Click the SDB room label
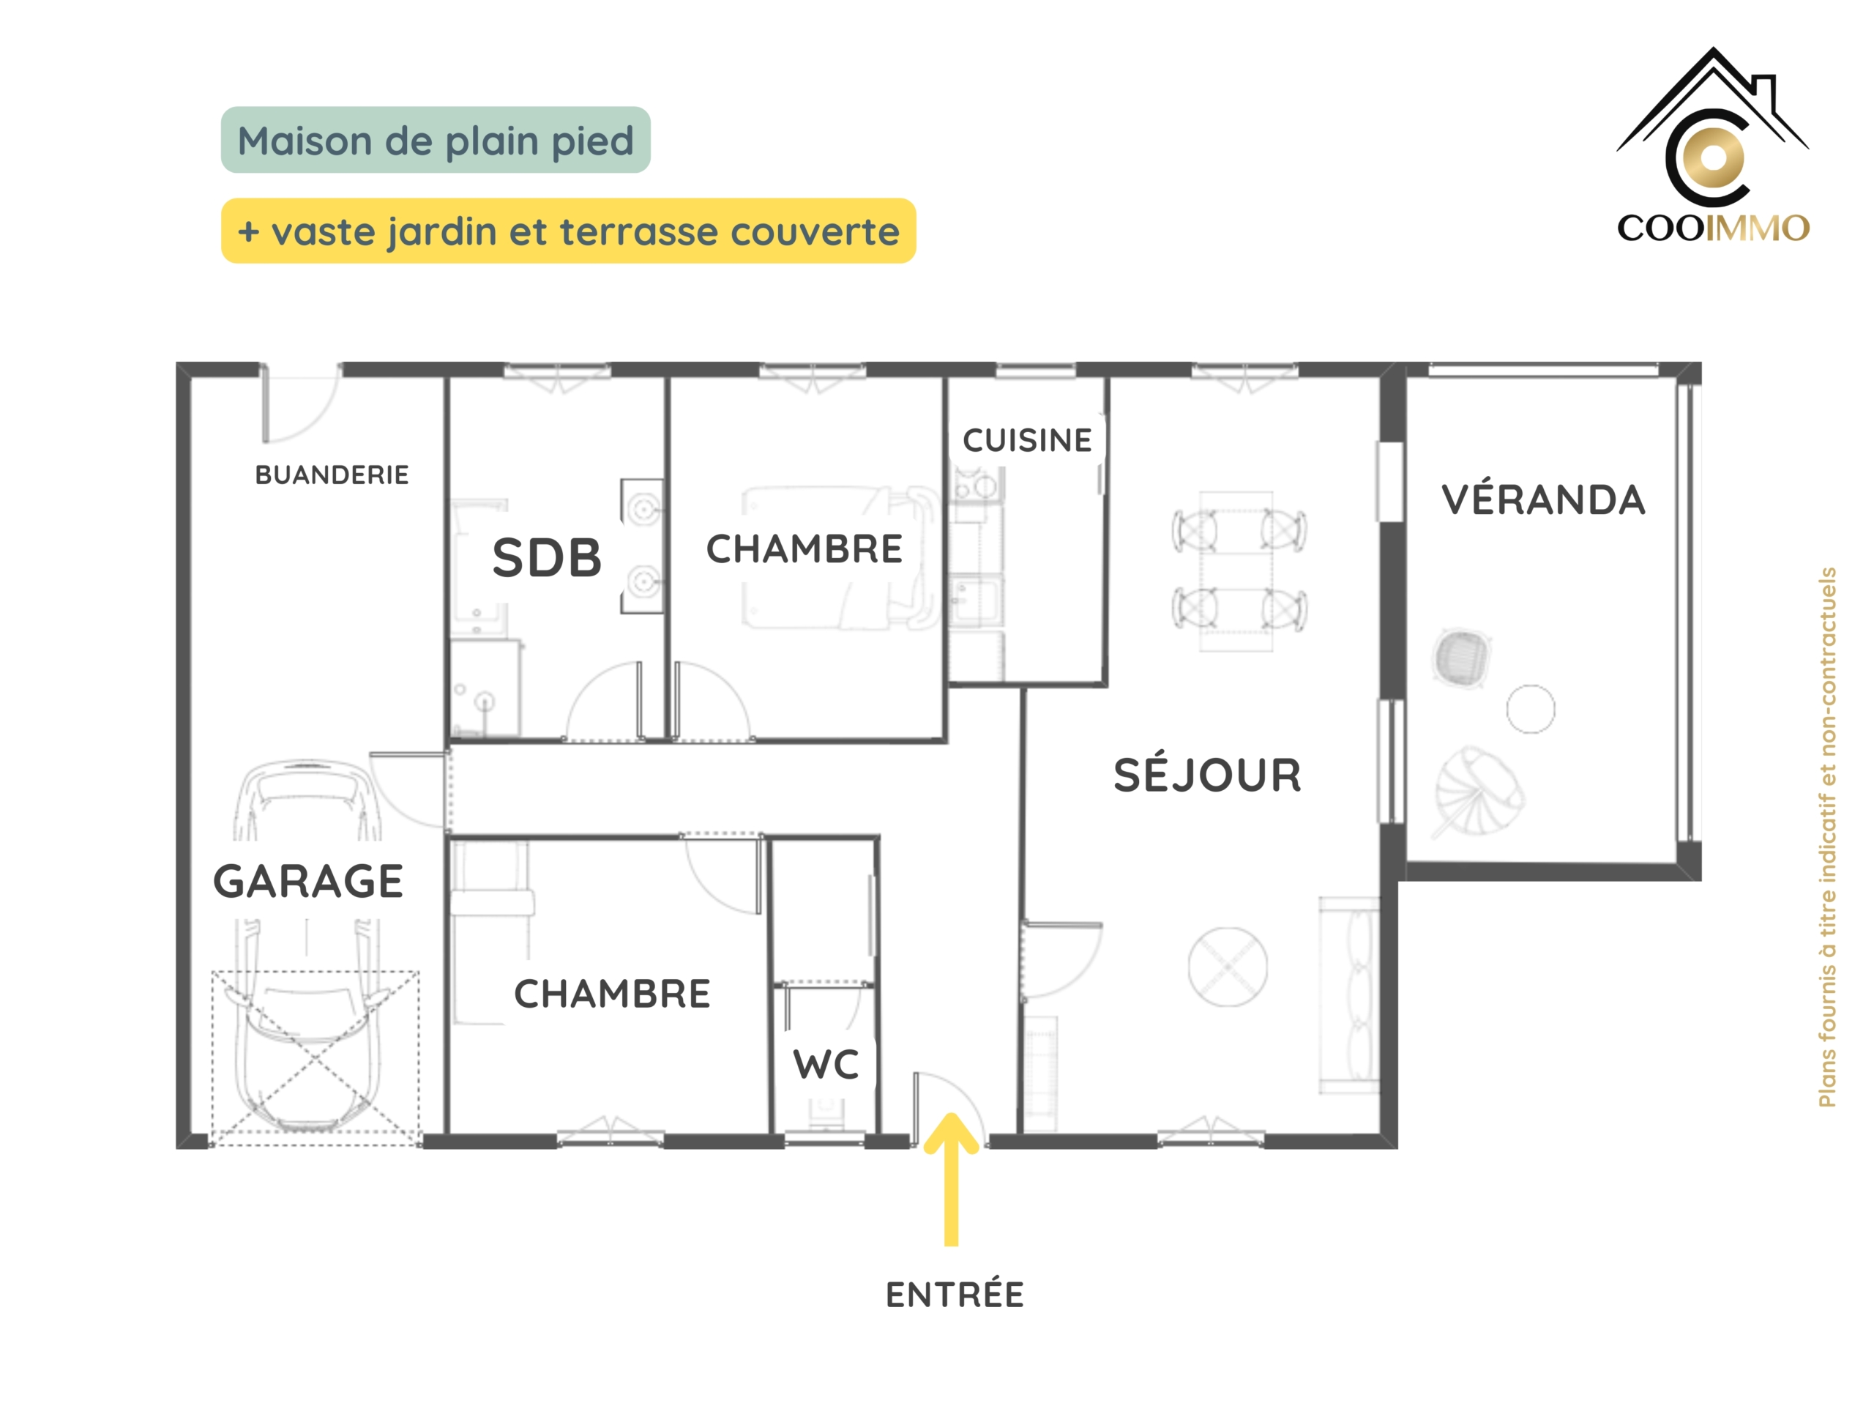(546, 558)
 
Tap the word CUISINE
(1027, 441)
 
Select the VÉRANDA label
(1544, 500)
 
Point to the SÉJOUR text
(1207, 775)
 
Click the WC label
(826, 1065)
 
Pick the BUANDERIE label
(332, 475)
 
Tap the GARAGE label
(308, 882)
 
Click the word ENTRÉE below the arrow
(955, 1295)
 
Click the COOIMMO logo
(1713, 146)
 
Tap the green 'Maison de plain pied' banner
(436, 140)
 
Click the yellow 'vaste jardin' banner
(569, 231)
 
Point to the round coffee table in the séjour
(1228, 967)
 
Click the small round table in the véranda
(1531, 709)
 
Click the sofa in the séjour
(1350, 996)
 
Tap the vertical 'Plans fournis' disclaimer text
(1827, 837)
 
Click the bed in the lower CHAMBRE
(491, 932)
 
